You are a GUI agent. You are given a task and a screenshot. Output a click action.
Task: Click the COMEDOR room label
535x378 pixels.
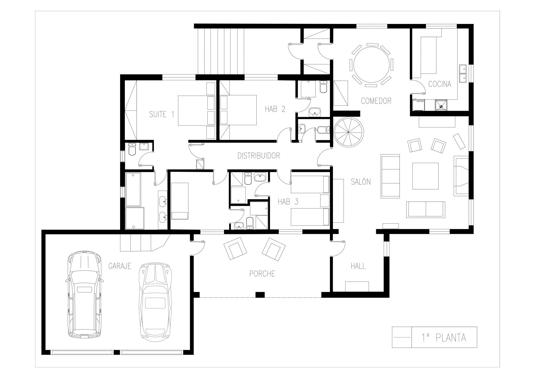(x=376, y=101)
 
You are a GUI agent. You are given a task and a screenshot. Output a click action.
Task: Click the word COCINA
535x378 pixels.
(x=440, y=84)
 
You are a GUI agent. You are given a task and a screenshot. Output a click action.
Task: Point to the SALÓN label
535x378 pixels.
(x=361, y=182)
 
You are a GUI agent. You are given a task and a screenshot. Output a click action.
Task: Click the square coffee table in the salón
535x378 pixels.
(x=425, y=176)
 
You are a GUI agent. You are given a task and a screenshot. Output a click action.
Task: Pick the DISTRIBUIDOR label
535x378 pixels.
(x=259, y=156)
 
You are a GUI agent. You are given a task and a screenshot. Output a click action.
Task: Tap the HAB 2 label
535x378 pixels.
(x=275, y=109)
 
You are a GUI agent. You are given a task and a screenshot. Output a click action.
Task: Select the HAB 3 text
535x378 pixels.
(x=288, y=202)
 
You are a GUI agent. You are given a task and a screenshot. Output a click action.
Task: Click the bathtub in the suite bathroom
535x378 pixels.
(x=133, y=189)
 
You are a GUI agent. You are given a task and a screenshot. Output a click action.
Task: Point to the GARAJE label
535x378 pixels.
(x=120, y=266)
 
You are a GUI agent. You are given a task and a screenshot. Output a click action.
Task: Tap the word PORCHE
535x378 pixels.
(x=262, y=274)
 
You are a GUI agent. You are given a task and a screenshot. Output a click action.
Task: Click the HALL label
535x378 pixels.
(x=358, y=266)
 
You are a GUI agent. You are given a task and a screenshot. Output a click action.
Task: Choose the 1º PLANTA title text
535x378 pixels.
(x=444, y=338)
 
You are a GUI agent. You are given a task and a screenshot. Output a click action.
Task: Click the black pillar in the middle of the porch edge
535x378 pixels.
(x=260, y=295)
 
